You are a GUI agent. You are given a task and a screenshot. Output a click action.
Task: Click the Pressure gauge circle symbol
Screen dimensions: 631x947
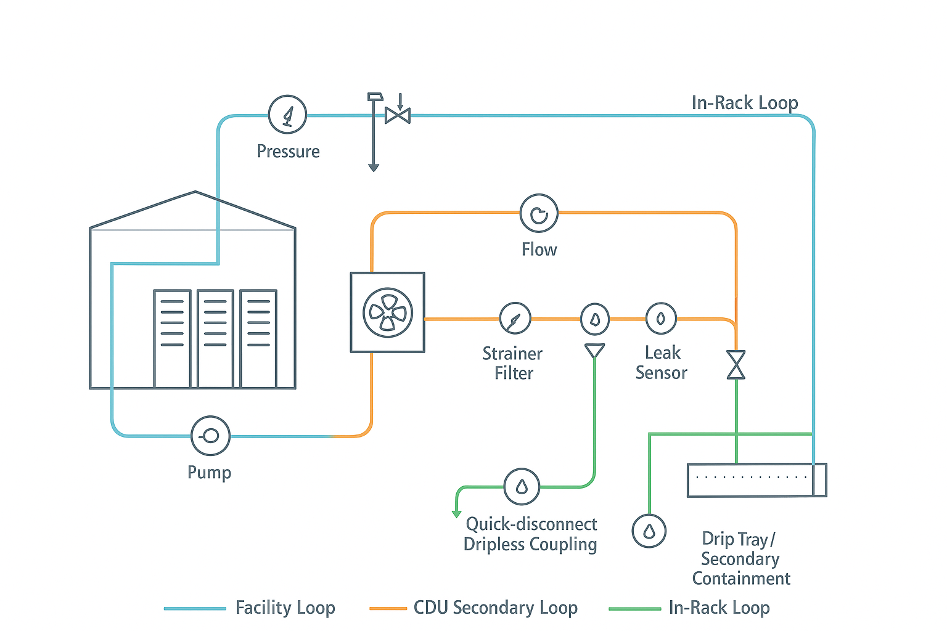[287, 115]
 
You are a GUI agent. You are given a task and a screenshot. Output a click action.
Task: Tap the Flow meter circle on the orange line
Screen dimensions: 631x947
[539, 213]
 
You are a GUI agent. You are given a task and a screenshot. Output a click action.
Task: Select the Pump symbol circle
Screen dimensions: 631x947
[210, 436]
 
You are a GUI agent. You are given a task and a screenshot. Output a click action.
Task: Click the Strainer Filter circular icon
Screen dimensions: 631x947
[515, 319]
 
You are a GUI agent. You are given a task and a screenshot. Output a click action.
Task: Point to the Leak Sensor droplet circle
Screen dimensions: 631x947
[661, 319]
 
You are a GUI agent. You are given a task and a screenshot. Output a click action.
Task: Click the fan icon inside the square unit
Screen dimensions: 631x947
[387, 312]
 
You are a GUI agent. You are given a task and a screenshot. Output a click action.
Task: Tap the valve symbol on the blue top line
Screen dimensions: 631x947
[398, 115]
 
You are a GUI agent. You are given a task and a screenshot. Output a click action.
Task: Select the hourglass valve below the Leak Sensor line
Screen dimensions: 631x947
[736, 365]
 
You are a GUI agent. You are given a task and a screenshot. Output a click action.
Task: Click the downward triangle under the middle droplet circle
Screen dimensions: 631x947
[594, 351]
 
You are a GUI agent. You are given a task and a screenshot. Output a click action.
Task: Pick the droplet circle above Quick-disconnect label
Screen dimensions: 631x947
[522, 487]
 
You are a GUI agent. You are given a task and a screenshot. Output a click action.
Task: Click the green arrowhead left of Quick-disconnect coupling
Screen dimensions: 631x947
[457, 513]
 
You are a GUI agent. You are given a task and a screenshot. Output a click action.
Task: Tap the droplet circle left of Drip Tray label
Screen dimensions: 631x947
[649, 531]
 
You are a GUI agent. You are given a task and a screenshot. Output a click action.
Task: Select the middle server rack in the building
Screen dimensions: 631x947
[215, 338]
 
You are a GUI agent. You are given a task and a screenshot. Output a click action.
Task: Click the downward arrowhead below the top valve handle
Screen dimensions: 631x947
[373, 167]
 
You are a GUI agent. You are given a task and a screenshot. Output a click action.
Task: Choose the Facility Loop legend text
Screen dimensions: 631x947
[285, 608]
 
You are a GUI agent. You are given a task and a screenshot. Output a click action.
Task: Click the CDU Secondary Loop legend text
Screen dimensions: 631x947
[495, 608]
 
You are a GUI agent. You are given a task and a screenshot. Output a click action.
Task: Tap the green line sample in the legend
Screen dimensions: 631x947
[634, 609]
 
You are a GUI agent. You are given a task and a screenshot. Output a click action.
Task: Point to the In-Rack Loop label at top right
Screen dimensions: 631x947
[744, 103]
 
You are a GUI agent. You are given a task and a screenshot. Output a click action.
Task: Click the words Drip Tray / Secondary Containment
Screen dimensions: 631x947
[740, 558]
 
